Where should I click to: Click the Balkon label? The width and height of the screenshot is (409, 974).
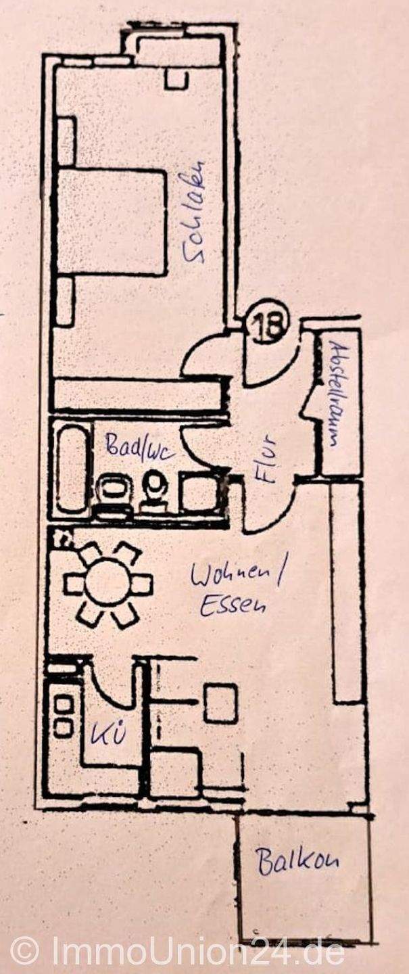point(297,862)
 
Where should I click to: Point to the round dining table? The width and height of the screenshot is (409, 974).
point(107,583)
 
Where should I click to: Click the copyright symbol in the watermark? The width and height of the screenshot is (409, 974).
point(25,951)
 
